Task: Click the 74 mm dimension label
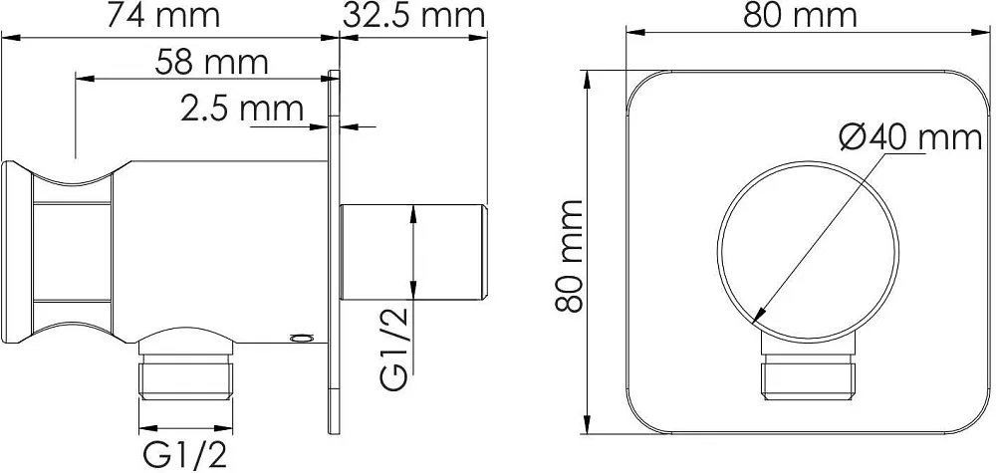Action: point(163,15)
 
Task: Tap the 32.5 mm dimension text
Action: point(413,15)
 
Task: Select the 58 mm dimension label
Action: point(211,62)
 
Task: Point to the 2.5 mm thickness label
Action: point(241,109)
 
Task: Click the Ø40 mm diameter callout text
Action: point(910,137)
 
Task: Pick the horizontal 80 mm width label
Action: point(801,15)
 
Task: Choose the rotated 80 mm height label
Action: point(569,255)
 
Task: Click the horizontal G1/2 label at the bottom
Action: point(185,455)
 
